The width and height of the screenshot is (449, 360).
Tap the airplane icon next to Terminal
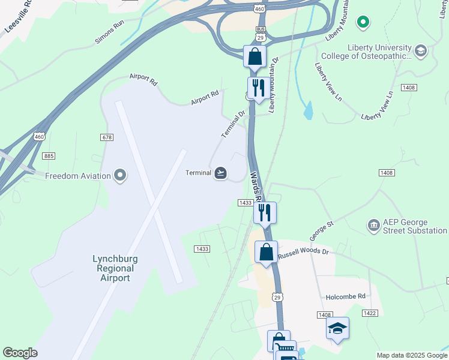pos(220,173)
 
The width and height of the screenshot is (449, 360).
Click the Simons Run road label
pos(108,40)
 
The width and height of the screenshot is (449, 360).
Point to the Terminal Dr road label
pos(234,124)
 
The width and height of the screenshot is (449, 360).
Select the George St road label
pos(321,229)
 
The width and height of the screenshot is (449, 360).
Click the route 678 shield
pos(107,137)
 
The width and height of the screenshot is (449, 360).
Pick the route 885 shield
pos(49,156)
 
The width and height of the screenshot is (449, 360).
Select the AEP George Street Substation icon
pos(373,225)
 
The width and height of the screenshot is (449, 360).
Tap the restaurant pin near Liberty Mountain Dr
pos(258,88)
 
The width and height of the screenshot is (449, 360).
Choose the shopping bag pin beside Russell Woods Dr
pos(267,252)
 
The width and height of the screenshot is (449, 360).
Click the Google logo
pos(20,353)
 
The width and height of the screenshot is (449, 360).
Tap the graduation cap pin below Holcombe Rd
pos(338,328)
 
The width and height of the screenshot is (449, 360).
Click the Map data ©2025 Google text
pos(411,355)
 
